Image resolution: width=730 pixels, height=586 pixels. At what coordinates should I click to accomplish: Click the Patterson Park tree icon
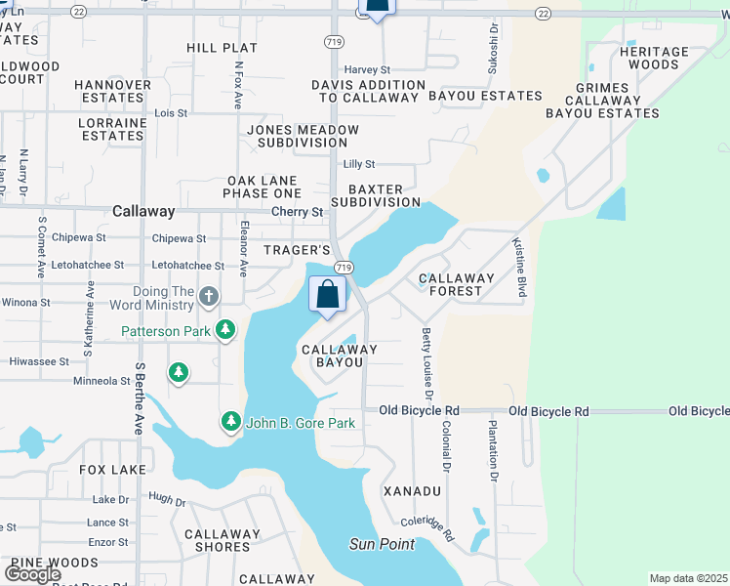pyautogui.click(x=225, y=331)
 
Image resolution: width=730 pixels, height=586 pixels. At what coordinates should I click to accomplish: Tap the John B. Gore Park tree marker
pyautogui.click(x=231, y=422)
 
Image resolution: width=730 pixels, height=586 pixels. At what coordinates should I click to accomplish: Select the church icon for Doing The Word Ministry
pyautogui.click(x=209, y=296)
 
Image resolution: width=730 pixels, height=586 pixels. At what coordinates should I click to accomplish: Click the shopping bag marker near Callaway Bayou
pyautogui.click(x=328, y=294)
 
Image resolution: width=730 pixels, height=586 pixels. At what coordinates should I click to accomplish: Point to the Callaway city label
pyautogui.click(x=143, y=211)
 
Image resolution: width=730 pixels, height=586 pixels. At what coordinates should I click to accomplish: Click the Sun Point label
pyautogui.click(x=383, y=544)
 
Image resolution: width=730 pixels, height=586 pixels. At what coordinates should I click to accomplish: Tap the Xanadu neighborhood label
pyautogui.click(x=416, y=490)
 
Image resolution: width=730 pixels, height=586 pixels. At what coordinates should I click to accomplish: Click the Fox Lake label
pyautogui.click(x=113, y=470)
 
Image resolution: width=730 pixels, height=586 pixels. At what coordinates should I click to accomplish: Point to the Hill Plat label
pyautogui.click(x=223, y=48)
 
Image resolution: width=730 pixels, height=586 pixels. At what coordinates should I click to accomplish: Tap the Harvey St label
pyautogui.click(x=366, y=70)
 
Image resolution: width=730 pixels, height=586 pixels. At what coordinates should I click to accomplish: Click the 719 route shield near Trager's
pyautogui.click(x=343, y=268)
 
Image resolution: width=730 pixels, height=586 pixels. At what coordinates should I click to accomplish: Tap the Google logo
pyautogui.click(x=32, y=574)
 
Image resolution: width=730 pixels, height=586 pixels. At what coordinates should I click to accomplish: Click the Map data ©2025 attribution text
pyautogui.click(x=688, y=578)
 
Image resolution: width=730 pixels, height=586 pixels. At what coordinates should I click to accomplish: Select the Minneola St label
pyautogui.click(x=101, y=382)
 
